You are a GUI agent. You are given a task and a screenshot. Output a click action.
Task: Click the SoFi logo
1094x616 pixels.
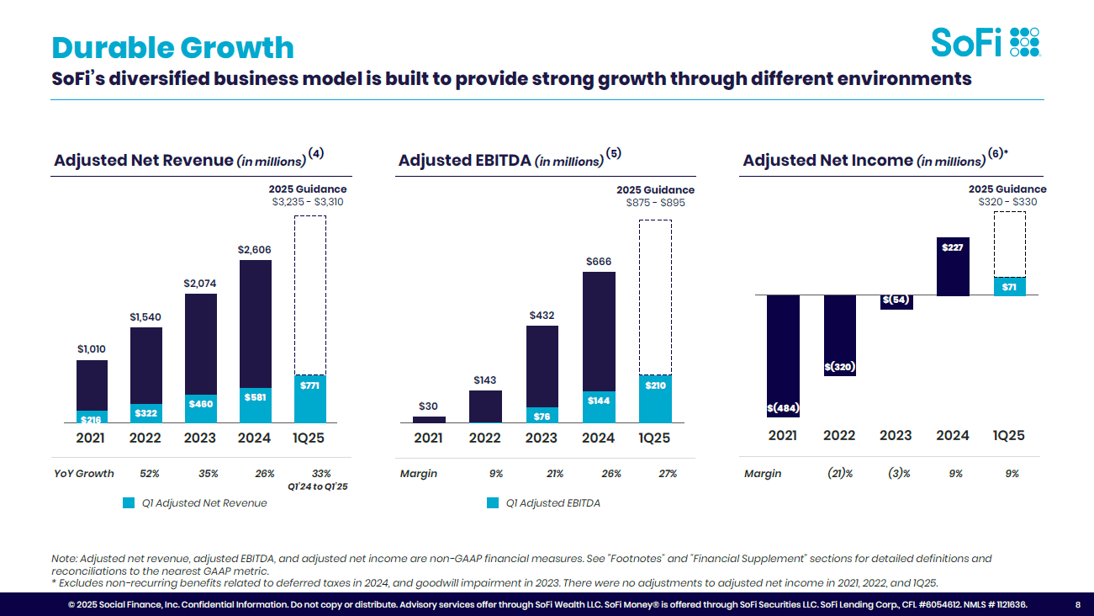click(x=985, y=42)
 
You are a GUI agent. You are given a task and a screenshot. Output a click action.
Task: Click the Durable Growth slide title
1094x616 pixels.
click(x=172, y=47)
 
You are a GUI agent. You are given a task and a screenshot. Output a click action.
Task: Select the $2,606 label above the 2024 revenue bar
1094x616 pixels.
click(x=255, y=250)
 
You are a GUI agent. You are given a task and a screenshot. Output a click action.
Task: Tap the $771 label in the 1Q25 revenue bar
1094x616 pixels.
click(x=310, y=385)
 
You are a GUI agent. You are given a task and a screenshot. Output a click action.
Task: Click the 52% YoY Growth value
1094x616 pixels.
click(x=150, y=474)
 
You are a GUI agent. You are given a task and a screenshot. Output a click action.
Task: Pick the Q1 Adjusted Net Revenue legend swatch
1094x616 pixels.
click(x=129, y=503)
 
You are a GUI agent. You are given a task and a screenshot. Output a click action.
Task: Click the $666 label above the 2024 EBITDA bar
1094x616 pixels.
click(x=598, y=262)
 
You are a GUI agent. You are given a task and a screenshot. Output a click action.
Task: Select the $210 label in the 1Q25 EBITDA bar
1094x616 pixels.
click(x=655, y=385)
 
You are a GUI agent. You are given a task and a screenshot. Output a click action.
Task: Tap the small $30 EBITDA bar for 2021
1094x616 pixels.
click(x=429, y=419)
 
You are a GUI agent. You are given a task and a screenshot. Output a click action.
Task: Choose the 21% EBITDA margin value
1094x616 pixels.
click(x=555, y=474)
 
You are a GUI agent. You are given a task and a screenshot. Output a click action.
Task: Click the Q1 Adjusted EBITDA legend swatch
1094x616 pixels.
click(x=493, y=503)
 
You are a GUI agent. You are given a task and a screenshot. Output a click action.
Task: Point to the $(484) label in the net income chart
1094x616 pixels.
click(x=783, y=408)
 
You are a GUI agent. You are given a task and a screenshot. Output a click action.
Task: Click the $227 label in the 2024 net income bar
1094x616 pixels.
click(x=953, y=247)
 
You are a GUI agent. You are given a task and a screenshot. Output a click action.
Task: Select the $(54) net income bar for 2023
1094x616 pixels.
click(x=896, y=301)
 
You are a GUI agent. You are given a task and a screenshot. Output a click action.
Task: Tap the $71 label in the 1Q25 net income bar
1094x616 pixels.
click(x=1009, y=287)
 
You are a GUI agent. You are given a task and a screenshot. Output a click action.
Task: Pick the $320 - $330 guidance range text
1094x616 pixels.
click(x=1007, y=202)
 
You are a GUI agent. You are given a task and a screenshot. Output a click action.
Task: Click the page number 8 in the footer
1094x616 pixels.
click(x=1078, y=604)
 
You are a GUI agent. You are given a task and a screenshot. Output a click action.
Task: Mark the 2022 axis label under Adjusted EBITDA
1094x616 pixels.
click(x=484, y=438)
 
